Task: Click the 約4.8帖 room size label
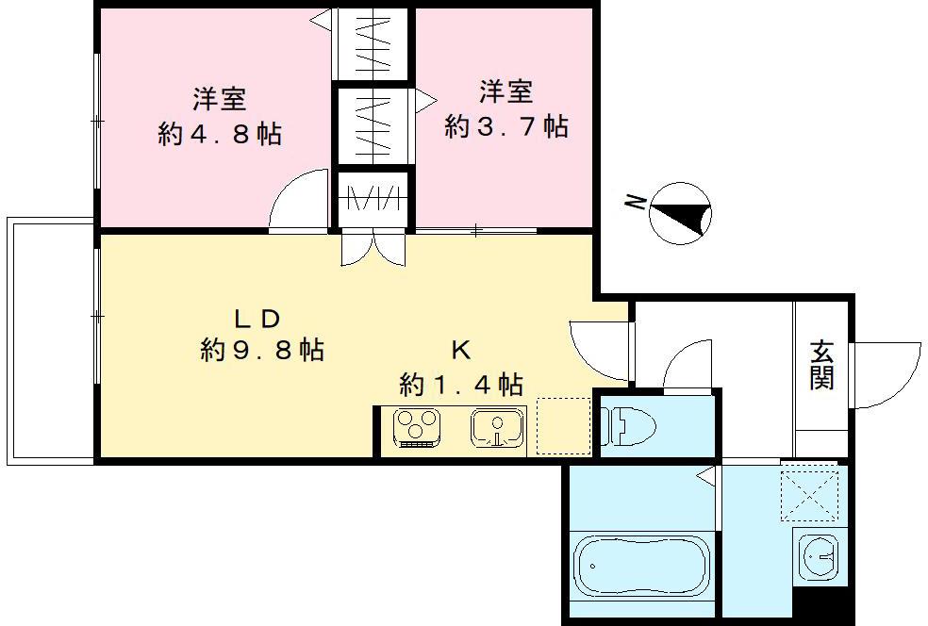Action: [x=220, y=134]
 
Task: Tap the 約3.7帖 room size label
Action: [x=506, y=126]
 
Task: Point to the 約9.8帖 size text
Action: [x=262, y=351]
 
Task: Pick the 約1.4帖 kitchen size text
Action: [x=461, y=384]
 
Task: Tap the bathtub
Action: [x=641, y=565]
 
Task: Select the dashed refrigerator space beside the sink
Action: [x=563, y=427]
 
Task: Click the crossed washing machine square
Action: [x=808, y=494]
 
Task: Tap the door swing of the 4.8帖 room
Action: [x=301, y=199]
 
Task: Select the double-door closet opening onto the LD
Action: [x=373, y=247]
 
